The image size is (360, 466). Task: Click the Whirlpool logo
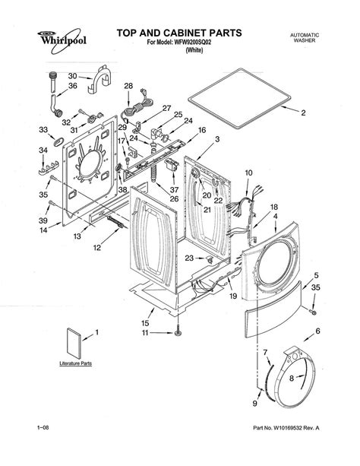coord(62,40)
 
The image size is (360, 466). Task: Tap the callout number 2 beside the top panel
coord(303,113)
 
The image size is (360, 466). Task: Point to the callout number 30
coord(72,76)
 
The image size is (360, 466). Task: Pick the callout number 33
coord(43,130)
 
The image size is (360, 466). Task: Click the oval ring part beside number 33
coord(57,141)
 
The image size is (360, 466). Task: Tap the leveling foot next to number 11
coord(178,331)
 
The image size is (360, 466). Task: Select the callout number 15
coord(145,323)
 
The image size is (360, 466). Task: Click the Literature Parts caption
coord(75,363)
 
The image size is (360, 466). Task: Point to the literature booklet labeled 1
coord(74,344)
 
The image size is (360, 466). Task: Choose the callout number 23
coord(189,258)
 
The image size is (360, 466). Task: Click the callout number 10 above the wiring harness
coord(248,173)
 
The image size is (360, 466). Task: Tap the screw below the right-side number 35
coord(312,312)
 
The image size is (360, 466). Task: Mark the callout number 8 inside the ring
coord(292,378)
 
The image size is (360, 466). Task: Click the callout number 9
coord(255,404)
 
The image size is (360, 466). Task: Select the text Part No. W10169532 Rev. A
coord(286,428)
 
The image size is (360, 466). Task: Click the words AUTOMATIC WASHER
coord(305,38)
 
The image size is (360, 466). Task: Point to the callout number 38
coord(123,189)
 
